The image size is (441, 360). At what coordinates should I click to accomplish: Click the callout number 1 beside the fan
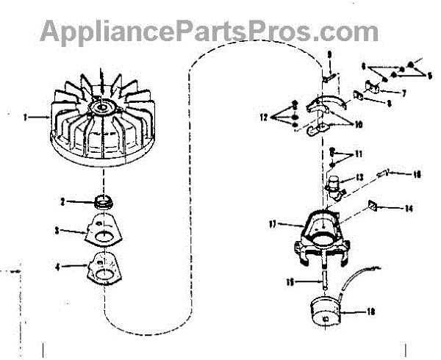tap(25, 115)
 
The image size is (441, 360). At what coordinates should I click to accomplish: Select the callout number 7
tap(404, 93)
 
